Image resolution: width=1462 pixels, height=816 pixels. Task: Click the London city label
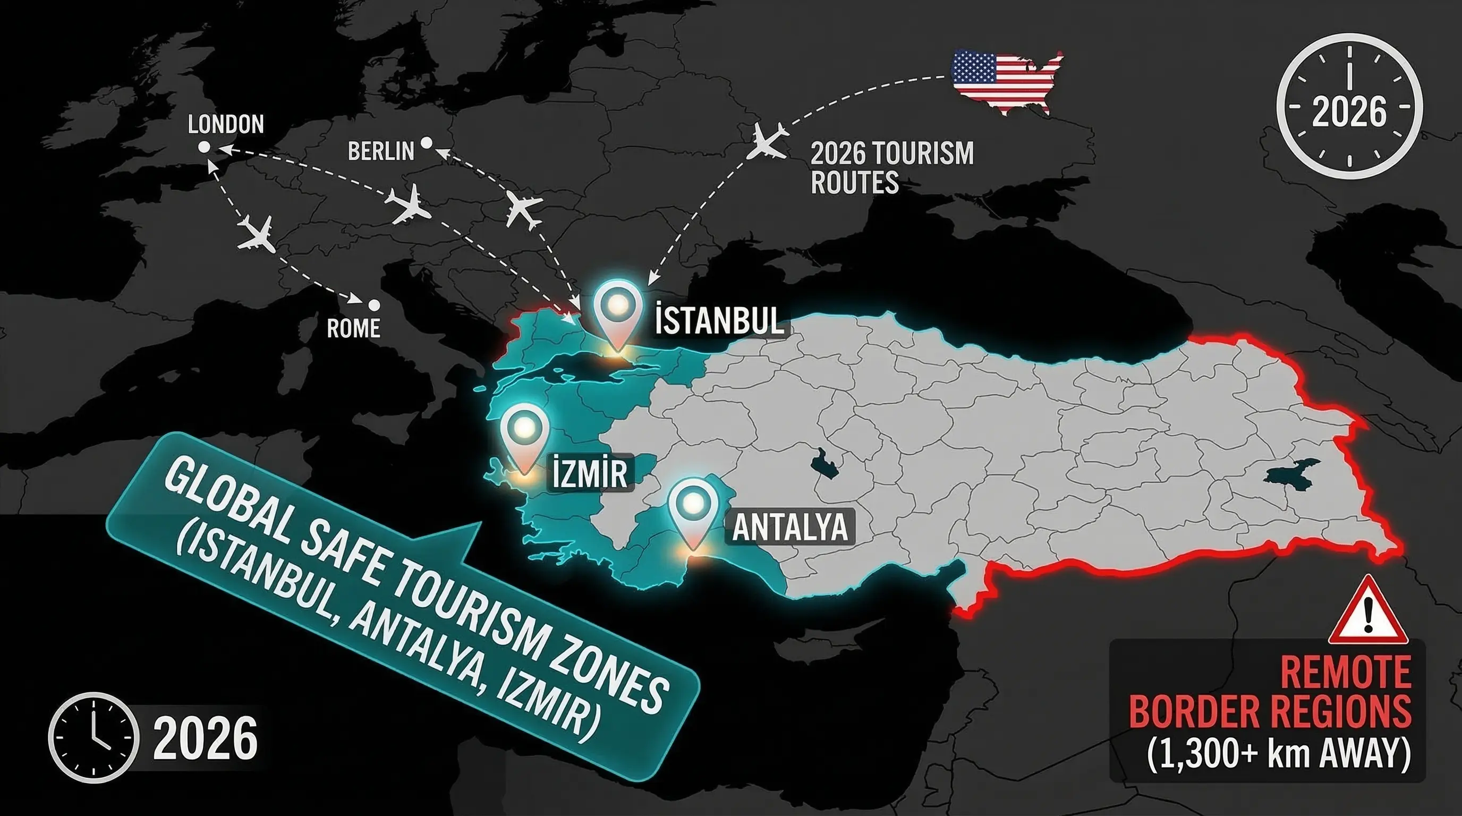coord(226,124)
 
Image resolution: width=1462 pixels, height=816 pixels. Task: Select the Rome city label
coord(353,328)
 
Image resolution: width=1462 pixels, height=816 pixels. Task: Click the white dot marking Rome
coord(373,305)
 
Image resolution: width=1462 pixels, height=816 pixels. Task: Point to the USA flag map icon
coord(1006,81)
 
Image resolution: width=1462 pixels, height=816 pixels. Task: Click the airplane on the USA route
coord(767,142)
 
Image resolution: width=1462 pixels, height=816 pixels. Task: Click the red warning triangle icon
coord(1368,611)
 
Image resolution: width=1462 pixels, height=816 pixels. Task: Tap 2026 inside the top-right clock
coord(1349,112)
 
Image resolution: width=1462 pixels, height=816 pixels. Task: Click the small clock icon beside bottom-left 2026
coord(93,738)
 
